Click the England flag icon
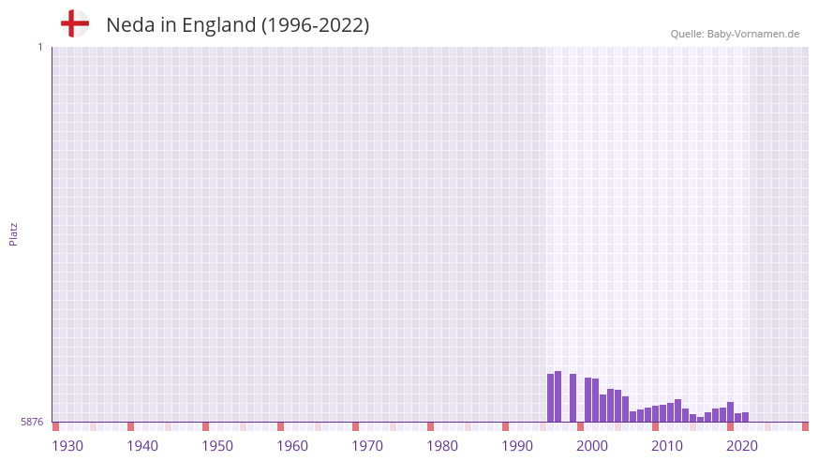[x=74, y=24]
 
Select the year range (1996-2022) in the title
[x=315, y=25]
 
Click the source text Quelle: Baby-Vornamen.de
[x=735, y=34]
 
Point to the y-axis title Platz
[x=13, y=233]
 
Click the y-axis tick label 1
[x=39, y=47]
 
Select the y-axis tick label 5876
[x=32, y=423]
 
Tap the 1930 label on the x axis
[x=67, y=446]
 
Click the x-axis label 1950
[x=217, y=446]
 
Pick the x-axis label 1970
[x=367, y=446]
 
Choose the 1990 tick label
[x=517, y=446]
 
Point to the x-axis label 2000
[x=592, y=446]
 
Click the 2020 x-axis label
[x=742, y=446]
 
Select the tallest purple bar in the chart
[x=558, y=396]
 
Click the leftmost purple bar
[x=551, y=398]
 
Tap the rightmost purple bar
[x=746, y=417]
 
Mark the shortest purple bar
[x=701, y=420]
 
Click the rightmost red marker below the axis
[x=805, y=426]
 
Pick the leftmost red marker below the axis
[x=56, y=426]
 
